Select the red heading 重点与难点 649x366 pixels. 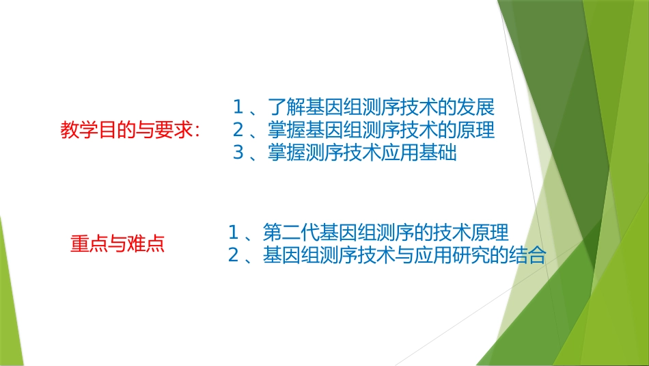(118, 244)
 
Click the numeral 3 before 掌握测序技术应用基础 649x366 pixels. (238, 153)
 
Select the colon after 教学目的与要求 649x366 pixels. (197, 131)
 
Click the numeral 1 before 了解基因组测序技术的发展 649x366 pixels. (238, 107)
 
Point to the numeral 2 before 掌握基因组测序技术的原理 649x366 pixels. (238, 130)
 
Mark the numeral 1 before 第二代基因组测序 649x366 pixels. (233, 231)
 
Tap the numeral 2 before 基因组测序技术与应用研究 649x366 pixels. (233, 255)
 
